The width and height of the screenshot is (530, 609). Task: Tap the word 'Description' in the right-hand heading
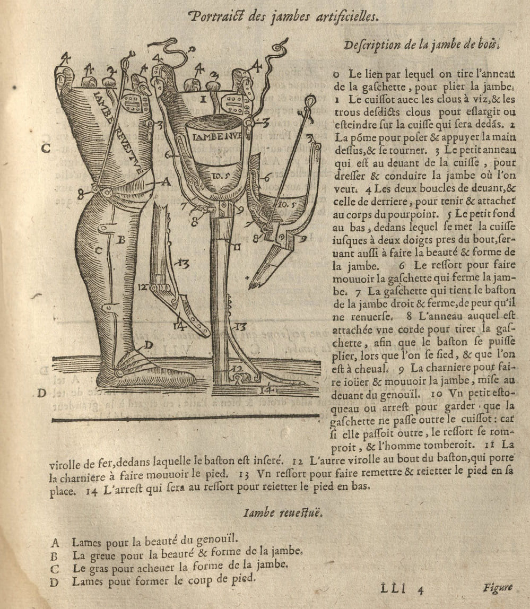(372, 46)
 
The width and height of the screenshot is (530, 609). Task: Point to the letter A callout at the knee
(166, 182)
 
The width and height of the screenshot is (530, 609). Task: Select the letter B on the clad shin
(120, 240)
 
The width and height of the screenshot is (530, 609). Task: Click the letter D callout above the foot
(149, 345)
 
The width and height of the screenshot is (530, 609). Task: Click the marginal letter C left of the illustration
(46, 149)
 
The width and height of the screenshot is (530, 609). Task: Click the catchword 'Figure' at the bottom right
(497, 587)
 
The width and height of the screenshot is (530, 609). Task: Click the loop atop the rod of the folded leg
(310, 99)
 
